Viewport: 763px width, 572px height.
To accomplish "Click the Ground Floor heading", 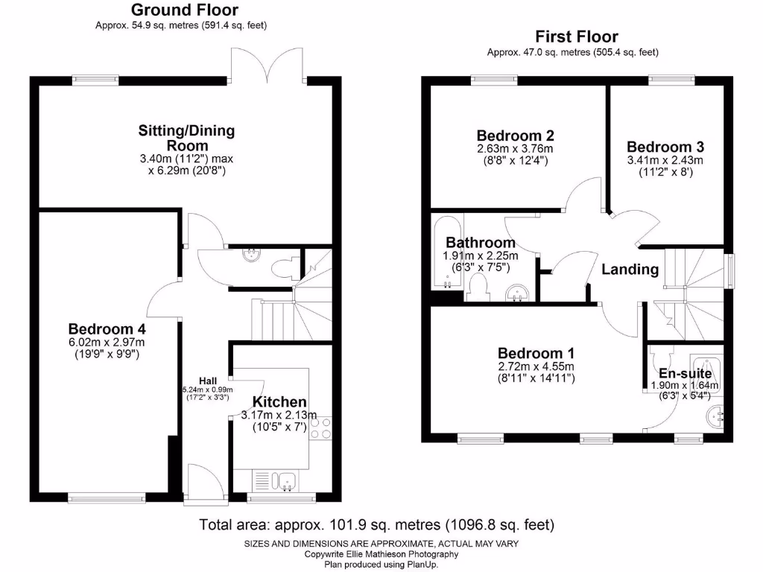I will (185, 10).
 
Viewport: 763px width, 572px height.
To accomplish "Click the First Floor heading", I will (576, 36).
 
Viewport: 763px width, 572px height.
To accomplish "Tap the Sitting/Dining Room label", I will (186, 138).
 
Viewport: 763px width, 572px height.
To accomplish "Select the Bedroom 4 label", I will (107, 328).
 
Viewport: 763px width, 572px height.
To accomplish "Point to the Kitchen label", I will (279, 402).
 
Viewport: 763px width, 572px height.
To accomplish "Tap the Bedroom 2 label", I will (515, 136).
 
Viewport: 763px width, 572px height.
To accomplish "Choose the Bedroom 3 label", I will (665, 147).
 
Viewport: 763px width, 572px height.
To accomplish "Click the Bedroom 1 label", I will (536, 353).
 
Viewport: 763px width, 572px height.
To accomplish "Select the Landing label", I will (630, 270).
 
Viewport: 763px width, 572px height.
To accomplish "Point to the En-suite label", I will (685, 373).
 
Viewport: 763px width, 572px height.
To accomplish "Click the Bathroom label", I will (480, 243).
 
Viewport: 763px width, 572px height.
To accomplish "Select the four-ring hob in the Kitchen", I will (320, 427).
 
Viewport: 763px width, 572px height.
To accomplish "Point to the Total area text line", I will (376, 524).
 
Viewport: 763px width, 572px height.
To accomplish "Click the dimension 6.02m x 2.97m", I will (107, 342).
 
